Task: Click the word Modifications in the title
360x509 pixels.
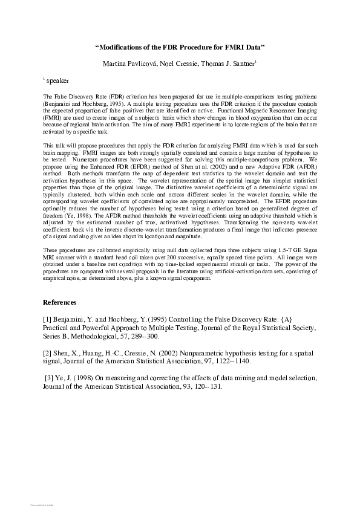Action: coord(126,47)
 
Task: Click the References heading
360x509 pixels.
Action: coord(60,302)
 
